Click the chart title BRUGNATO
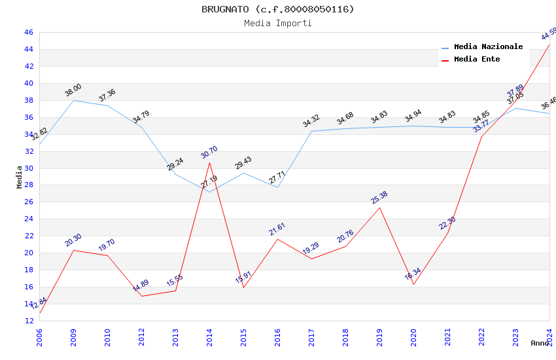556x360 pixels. pos(277,9)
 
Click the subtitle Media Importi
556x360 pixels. pos(277,23)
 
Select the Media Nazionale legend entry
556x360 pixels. pos(488,46)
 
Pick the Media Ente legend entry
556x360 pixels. pos(477,59)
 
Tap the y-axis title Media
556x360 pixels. pos(20,176)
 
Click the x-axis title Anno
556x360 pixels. pos(540,343)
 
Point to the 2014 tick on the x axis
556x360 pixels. pos(209,334)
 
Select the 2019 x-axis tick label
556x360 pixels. pos(379,334)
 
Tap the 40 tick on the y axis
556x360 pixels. pos(29,83)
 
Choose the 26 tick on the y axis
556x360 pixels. pos(29,202)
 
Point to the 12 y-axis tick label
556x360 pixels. pos(29,321)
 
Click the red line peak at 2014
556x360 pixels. pos(209,162)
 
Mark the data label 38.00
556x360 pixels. pos(73,90)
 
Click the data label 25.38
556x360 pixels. pos(379,197)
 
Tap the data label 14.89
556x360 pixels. pos(141,286)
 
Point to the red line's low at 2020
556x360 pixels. pos(413,284)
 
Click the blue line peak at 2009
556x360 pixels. pos(73,100)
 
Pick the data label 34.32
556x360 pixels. pos(311,121)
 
